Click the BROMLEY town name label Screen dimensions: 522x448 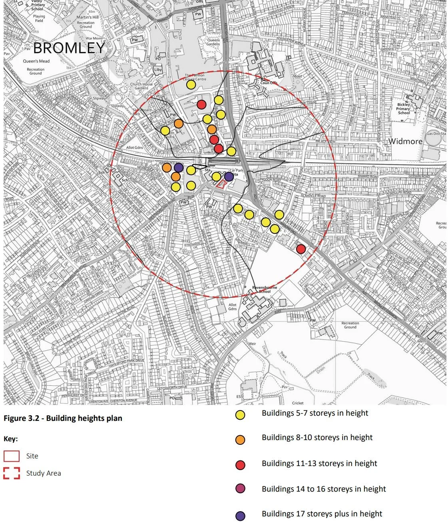pyautogui.click(x=69, y=48)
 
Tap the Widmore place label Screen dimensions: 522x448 pyautogui.click(x=405, y=141)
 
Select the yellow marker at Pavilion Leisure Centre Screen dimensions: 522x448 pyautogui.click(x=191, y=85)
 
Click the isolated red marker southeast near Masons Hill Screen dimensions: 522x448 pyautogui.click(x=301, y=249)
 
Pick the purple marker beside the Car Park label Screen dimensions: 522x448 pyautogui.click(x=229, y=176)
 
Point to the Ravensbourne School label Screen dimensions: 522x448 pyautogui.click(x=264, y=289)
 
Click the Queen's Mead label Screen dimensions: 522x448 pyautogui.click(x=36, y=61)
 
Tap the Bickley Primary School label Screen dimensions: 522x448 pyautogui.click(x=404, y=109)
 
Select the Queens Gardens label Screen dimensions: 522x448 pyautogui.click(x=213, y=42)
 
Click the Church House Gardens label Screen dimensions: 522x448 pyautogui.click(x=141, y=86)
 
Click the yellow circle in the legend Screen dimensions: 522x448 pyautogui.click(x=240, y=415)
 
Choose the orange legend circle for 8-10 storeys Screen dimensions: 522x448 pyautogui.click(x=240, y=440)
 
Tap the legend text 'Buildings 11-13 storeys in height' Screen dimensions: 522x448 pyautogui.click(x=319, y=463)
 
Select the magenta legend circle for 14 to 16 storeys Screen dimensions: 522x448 pyautogui.click(x=240, y=488)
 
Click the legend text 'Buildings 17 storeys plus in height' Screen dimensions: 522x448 pyautogui.click(x=322, y=514)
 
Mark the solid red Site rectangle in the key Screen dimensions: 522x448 pyautogui.click(x=12, y=456)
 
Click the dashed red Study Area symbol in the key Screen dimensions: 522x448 pyautogui.click(x=12, y=473)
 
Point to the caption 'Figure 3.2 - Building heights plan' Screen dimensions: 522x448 pyautogui.click(x=63, y=418)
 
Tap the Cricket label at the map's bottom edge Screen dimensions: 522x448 pyautogui.click(x=297, y=403)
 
